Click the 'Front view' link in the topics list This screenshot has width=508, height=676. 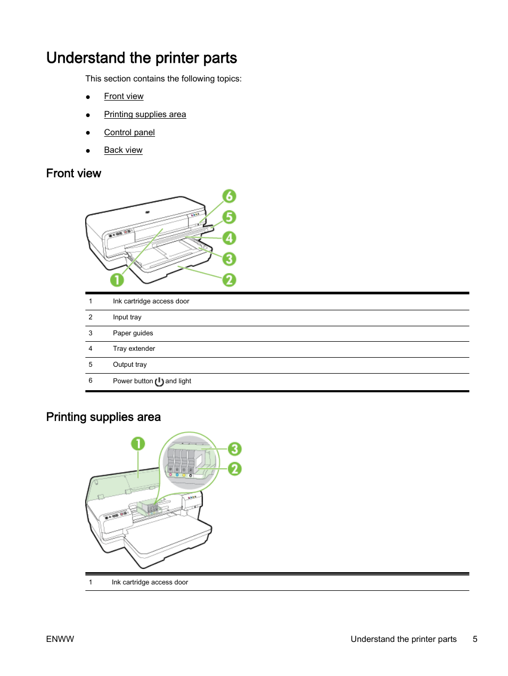124,96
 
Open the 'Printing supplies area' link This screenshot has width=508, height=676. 145,114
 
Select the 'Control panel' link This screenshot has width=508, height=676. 129,133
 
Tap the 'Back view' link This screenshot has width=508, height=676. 123,150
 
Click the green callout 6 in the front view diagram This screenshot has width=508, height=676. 229,196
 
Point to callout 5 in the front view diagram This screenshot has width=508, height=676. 229,217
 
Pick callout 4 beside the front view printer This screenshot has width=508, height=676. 229,238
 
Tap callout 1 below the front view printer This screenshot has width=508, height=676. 117,279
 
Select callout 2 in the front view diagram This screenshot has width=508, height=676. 229,279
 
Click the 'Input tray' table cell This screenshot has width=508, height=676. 127,317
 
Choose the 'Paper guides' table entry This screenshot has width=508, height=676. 133,333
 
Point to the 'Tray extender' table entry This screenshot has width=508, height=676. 134,349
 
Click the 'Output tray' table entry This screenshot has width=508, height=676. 130,365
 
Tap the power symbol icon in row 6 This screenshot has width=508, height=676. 159,381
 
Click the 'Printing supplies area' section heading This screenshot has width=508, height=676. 103,417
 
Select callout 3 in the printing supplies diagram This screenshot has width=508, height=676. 234,449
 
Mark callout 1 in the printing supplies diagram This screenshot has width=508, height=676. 138,443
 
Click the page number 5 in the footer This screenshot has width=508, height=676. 475,639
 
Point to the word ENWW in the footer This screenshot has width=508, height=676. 60,639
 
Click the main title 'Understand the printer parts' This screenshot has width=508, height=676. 142,57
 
